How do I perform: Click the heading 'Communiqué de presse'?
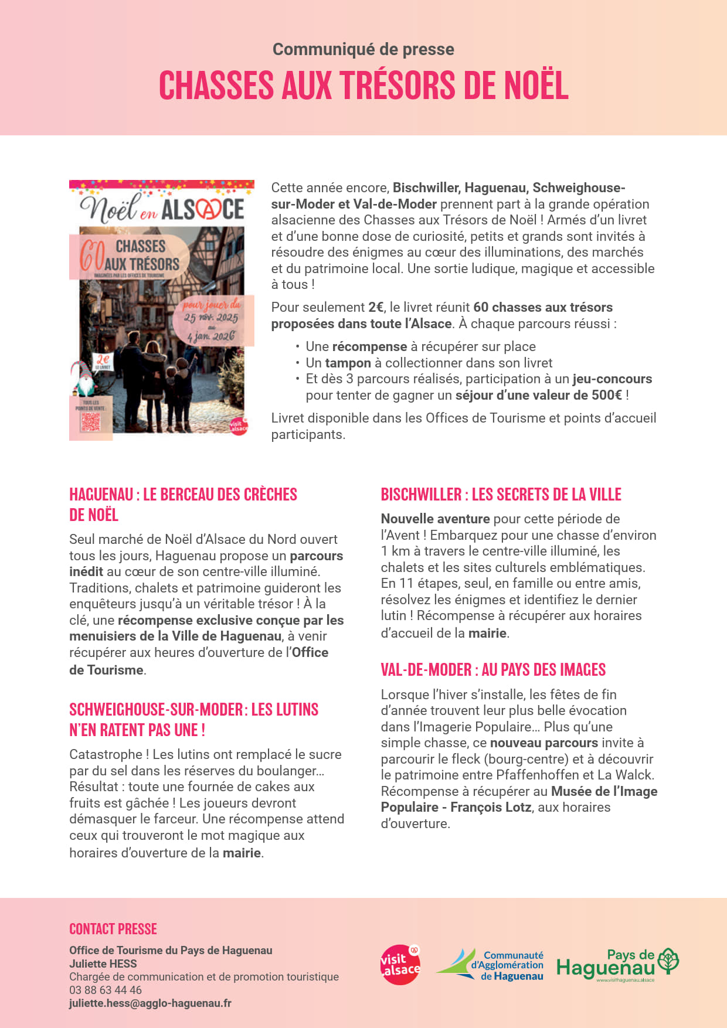[363, 49]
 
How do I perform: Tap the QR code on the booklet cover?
[90, 421]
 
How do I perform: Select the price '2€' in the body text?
[376, 307]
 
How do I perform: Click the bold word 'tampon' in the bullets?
[348, 363]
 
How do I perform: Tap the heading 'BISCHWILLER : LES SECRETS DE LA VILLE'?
[501, 495]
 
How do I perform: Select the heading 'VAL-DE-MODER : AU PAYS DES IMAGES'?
[493, 670]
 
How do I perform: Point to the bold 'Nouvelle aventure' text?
[435, 519]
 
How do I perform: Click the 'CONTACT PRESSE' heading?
[113, 929]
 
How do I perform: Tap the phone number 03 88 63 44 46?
[106, 990]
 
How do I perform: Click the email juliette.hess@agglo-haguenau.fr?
[150, 1003]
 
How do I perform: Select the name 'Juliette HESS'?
[103, 964]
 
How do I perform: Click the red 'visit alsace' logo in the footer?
[400, 965]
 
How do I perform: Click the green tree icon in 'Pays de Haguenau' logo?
[668, 962]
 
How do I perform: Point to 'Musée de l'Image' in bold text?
[604, 791]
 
